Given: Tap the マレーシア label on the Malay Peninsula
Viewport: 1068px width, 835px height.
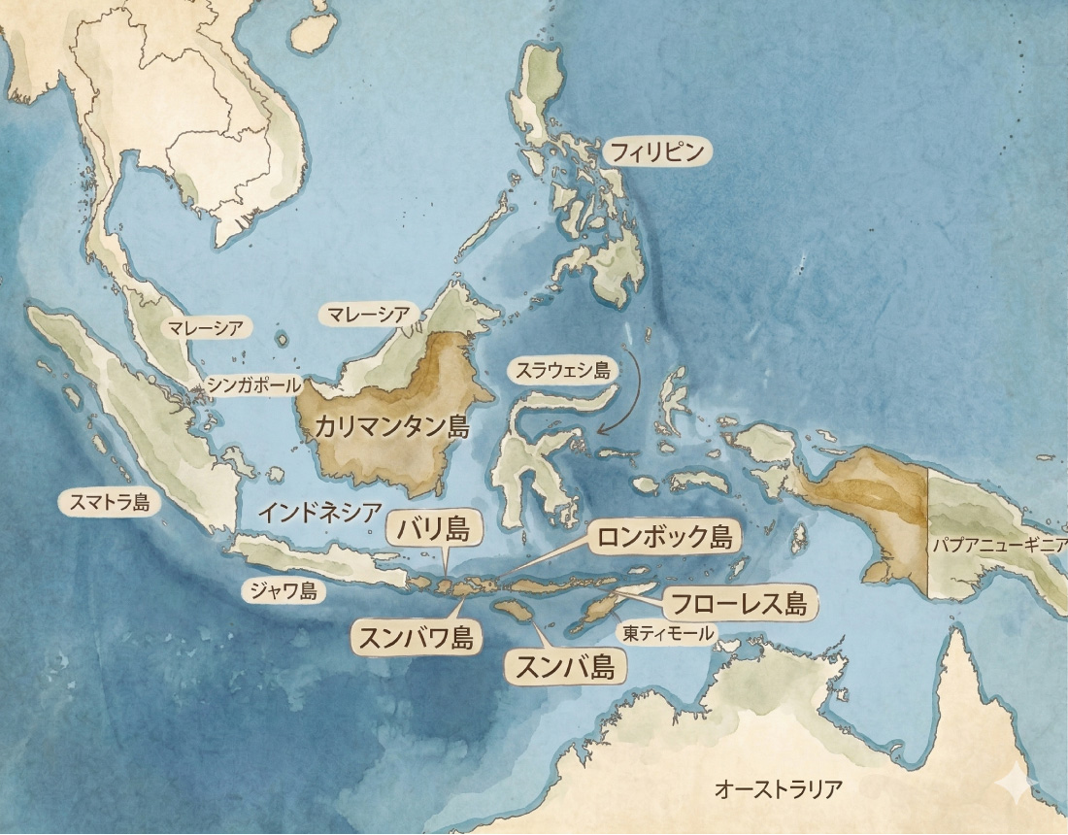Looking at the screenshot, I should point(205,327).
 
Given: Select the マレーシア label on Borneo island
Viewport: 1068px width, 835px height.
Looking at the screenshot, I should point(368,314).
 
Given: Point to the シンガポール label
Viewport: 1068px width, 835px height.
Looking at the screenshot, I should point(254,385).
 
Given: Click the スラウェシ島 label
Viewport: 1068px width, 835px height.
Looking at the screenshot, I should point(562,370).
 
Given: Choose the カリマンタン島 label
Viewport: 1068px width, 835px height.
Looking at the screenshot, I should point(391,427).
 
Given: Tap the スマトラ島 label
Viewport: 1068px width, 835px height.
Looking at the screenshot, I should point(104,502).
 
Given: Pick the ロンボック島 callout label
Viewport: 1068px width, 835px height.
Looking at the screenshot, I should point(664,537).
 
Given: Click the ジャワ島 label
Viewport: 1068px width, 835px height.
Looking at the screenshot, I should point(283,589).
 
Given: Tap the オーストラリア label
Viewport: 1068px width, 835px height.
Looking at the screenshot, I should point(776,788).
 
